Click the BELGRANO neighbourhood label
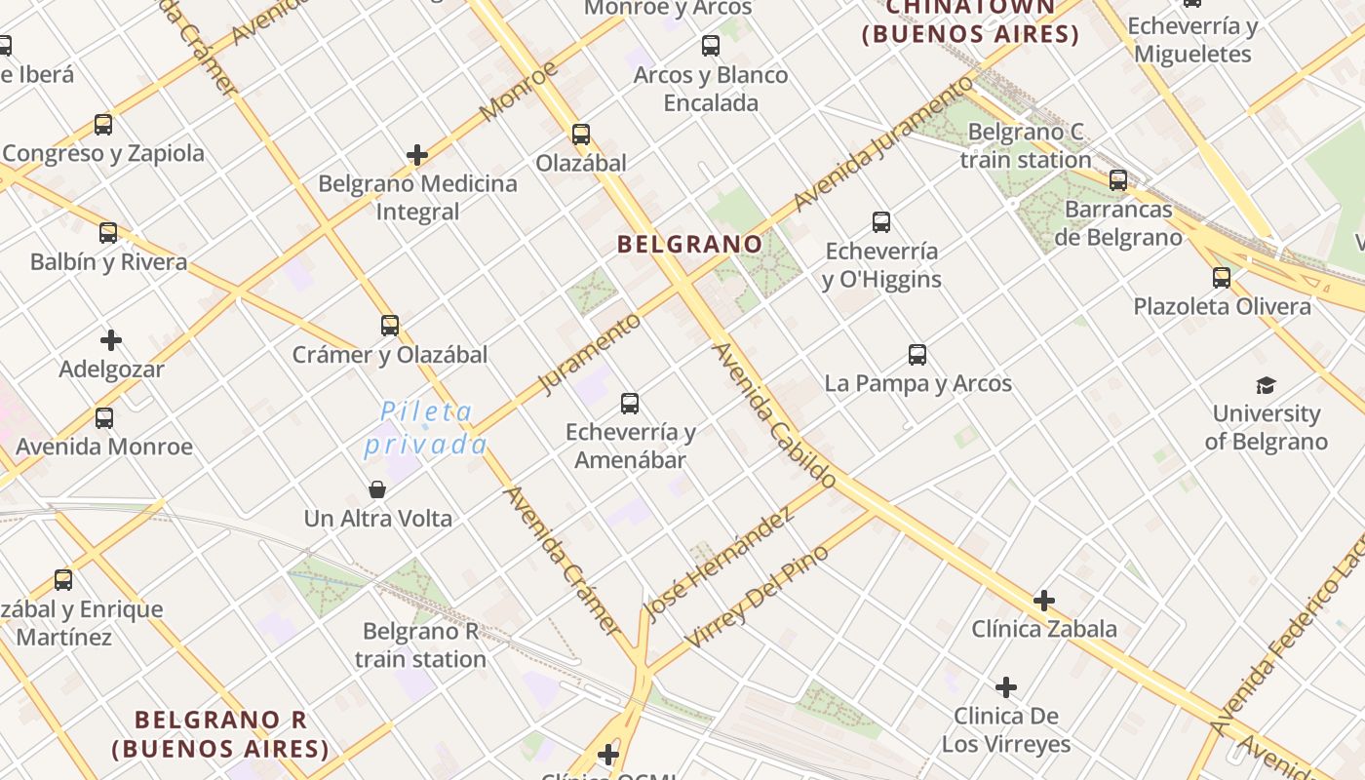coord(689,244)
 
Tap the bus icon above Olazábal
coord(581,135)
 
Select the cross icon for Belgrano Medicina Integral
coord(417,155)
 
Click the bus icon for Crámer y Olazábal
coord(390,326)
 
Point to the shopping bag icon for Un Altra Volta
coord(377,489)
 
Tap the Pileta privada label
coord(426,428)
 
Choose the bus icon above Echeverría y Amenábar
coord(630,403)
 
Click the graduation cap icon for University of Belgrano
coord(1266,385)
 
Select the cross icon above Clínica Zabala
coord(1044,601)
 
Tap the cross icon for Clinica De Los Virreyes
coord(1006,688)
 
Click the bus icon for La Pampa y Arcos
coord(917,355)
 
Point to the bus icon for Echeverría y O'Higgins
coord(881,222)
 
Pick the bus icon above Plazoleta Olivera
coord(1222,278)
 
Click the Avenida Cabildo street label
coord(774,415)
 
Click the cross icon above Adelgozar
coord(111,340)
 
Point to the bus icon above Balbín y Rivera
coord(108,233)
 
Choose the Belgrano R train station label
coord(420,645)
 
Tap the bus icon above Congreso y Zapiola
coord(103,125)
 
